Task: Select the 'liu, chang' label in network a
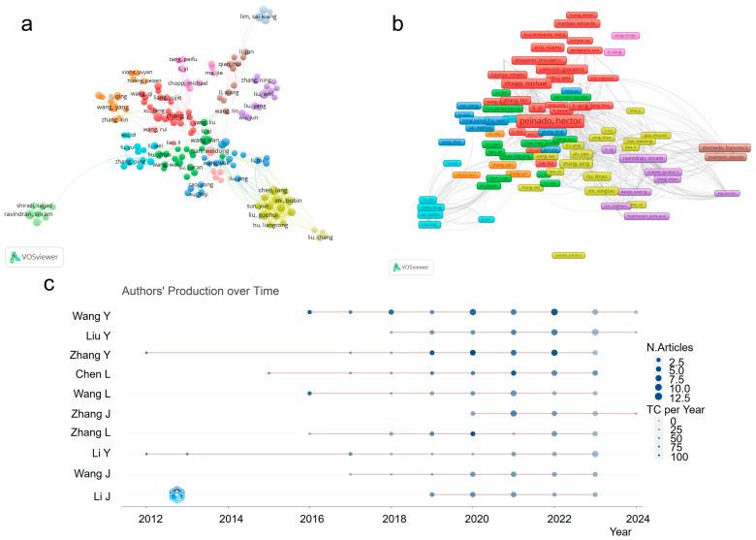pos(320,237)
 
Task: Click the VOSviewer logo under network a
pos(34,256)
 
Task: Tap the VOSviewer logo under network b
pos(412,266)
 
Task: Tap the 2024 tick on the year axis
pos(635,519)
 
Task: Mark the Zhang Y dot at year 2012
pos(146,353)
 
